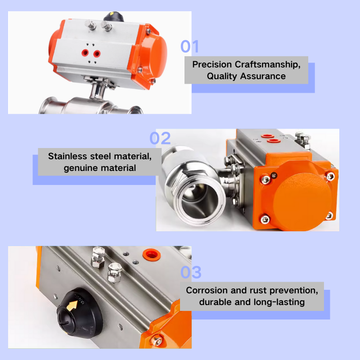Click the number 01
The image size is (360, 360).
point(189,46)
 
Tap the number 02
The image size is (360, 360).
point(160,138)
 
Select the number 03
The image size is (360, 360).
point(191,272)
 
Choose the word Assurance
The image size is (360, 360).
point(263,76)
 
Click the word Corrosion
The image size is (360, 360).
point(207,290)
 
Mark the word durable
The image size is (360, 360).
point(216,301)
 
